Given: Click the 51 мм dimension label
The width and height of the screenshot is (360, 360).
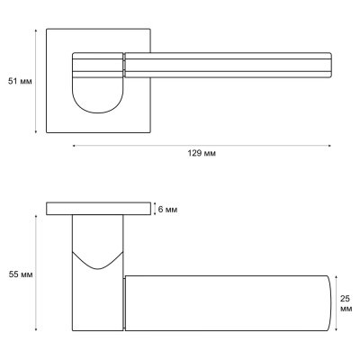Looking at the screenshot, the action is click(20, 81).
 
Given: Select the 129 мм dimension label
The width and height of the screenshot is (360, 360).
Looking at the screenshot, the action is click(202, 154).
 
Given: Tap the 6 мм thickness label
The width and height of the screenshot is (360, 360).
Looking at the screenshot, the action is click(167, 210).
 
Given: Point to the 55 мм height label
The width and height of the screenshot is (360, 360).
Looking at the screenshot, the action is click(21, 274).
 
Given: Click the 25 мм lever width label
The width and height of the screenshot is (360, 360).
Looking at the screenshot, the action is click(346, 303).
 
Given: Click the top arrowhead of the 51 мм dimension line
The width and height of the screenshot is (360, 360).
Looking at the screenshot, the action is click(36, 30).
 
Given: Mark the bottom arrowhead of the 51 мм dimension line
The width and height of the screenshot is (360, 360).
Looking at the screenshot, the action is click(36, 131).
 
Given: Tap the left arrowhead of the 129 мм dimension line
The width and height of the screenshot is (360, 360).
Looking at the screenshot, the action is click(74, 146).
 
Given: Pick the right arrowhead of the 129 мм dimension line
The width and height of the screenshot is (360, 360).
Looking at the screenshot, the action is click(330, 146).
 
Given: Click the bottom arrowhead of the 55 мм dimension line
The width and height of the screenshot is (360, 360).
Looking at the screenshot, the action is click(36, 329).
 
